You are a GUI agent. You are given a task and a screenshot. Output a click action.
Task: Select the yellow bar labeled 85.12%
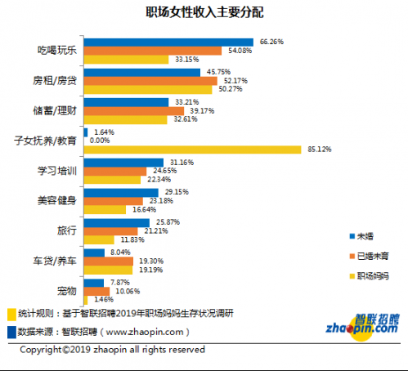tap(191, 150)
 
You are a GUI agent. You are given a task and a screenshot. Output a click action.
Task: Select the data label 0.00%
tap(99, 141)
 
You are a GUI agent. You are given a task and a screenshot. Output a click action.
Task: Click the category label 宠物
tap(68, 291)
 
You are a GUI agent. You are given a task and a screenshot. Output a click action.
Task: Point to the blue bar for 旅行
tap(116, 222)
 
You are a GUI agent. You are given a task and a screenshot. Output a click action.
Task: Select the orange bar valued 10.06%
tap(96, 291)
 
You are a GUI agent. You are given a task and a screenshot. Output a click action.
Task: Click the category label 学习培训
tap(57, 171)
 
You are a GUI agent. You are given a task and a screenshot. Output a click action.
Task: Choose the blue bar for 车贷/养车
tap(94, 253)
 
